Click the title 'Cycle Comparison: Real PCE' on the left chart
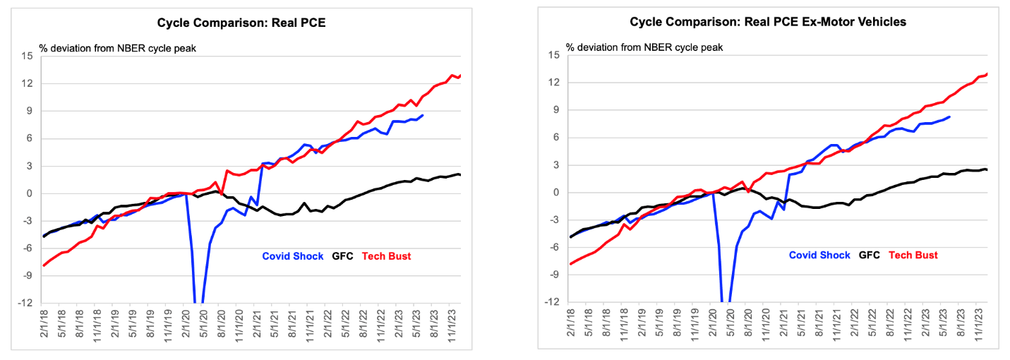pyautogui.click(x=241, y=23)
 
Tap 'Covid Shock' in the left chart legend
pyautogui.click(x=293, y=256)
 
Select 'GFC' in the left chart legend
pyautogui.click(x=343, y=256)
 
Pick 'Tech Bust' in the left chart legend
pyautogui.click(x=386, y=256)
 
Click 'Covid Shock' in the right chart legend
pyautogui.click(x=819, y=256)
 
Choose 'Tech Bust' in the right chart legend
pyautogui.click(x=913, y=256)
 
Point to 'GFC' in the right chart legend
pyautogui.click(x=870, y=256)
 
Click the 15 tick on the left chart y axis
pyautogui.click(x=27, y=56)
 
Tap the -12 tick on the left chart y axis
pyautogui.click(x=25, y=303)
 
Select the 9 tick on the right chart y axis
pyautogui.click(x=556, y=110)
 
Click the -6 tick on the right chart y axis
pyautogui.click(x=554, y=247)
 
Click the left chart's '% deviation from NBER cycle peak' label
pyautogui.click(x=118, y=48)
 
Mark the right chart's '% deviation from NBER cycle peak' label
pyautogui.click(x=644, y=47)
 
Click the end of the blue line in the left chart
pyautogui.click(x=423, y=115)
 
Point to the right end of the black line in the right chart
pyautogui.click(x=987, y=169)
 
